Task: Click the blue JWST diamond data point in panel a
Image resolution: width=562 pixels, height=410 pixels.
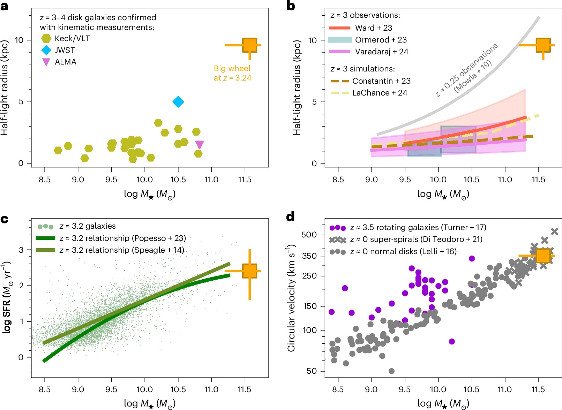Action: click(178, 102)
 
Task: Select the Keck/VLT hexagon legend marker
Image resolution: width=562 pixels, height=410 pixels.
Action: click(46, 38)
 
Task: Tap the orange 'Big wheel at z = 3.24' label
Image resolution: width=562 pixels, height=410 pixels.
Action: click(232, 73)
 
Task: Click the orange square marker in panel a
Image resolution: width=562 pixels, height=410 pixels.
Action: click(249, 45)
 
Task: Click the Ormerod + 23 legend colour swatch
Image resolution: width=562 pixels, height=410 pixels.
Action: click(339, 40)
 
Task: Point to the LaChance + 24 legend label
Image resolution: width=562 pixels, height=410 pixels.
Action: click(380, 93)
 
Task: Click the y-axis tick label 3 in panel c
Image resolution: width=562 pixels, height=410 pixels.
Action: click(21, 250)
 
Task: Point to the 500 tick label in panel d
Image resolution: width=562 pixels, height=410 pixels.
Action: click(309, 235)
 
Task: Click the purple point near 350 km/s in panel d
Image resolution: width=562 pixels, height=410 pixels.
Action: click(472, 258)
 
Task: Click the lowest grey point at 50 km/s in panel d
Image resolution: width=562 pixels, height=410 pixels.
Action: click(391, 371)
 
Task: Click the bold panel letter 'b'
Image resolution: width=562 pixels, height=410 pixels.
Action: click(291, 6)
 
